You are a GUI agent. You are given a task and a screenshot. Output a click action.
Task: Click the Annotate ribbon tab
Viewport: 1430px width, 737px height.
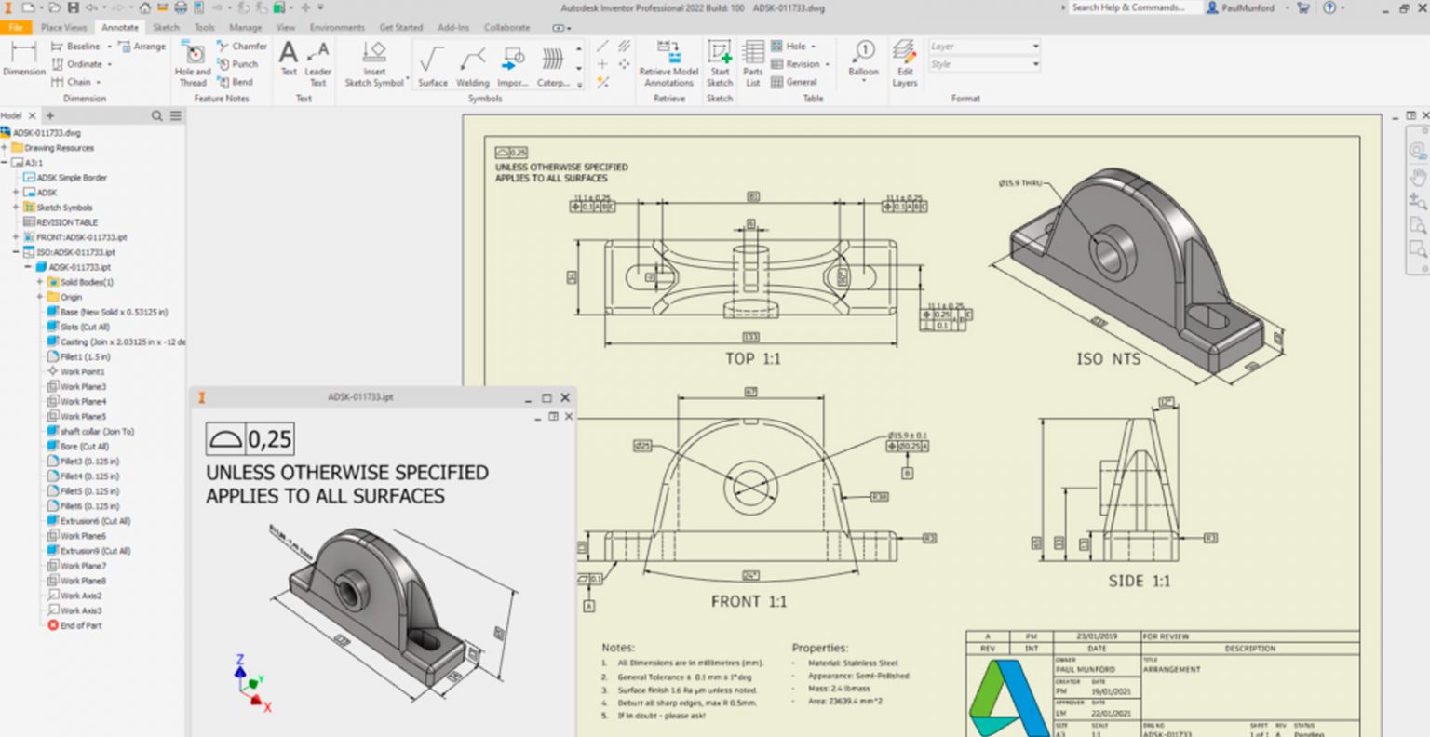(119, 28)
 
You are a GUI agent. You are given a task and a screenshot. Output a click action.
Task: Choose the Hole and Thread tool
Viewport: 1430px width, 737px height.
(194, 62)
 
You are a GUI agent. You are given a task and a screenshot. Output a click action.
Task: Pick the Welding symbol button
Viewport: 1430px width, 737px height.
(472, 66)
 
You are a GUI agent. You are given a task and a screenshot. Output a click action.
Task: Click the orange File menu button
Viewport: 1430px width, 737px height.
(16, 28)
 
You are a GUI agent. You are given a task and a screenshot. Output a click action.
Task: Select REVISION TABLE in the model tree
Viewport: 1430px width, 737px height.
(66, 222)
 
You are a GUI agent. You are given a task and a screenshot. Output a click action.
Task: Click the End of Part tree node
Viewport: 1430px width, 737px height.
(80, 625)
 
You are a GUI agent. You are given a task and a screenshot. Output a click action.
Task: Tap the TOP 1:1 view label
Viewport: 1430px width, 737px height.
(752, 359)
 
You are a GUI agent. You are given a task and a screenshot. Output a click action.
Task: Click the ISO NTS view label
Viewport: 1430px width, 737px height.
(1108, 359)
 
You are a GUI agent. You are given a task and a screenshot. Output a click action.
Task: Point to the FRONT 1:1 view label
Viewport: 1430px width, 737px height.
(749, 602)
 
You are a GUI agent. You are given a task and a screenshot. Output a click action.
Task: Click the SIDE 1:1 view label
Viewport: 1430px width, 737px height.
(1139, 581)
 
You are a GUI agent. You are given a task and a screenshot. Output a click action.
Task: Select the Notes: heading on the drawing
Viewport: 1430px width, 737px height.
(618, 648)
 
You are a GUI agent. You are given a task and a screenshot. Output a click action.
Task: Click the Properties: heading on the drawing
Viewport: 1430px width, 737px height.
(819, 648)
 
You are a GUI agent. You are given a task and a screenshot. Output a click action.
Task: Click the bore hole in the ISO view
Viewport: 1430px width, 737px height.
(1108, 254)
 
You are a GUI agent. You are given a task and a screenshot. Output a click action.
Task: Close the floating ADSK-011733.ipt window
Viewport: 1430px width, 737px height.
(564, 397)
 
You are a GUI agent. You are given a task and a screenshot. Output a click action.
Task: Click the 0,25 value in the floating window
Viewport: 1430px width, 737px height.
(269, 439)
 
